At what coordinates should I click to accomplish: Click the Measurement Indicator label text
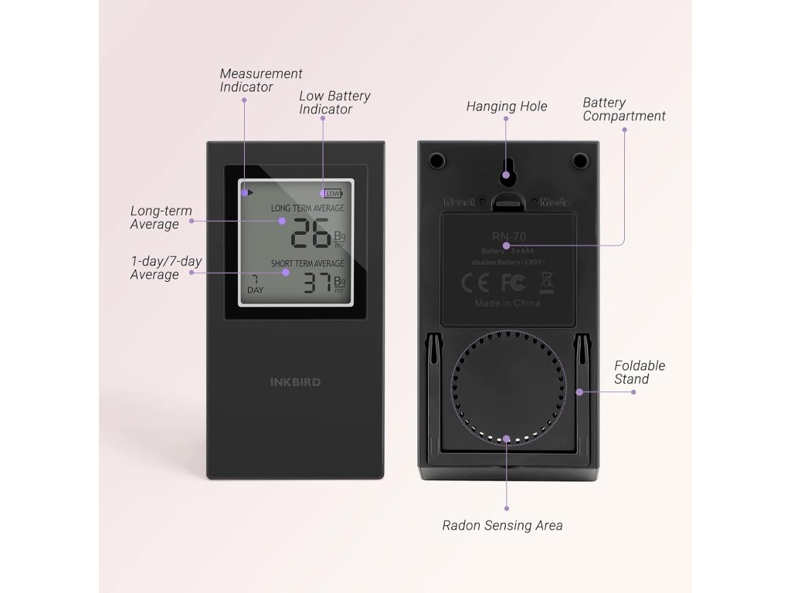coord(260,80)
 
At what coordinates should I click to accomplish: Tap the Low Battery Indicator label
coord(334,103)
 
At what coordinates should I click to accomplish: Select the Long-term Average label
coord(161,218)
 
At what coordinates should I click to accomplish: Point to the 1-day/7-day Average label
coord(165,268)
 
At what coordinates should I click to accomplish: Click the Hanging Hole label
coord(506,107)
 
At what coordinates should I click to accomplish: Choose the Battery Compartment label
coord(623,110)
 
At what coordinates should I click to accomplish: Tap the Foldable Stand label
coord(639,372)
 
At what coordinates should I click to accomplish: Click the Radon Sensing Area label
coord(502,526)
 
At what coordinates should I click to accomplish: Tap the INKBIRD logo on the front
coord(295,381)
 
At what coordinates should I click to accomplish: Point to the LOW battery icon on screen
coord(333,193)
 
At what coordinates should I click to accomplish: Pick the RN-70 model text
coord(507,236)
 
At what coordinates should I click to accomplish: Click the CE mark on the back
coord(475,283)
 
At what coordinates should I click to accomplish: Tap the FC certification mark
coord(513,283)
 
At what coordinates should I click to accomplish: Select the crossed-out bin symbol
coord(545,282)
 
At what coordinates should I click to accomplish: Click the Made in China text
coord(507,303)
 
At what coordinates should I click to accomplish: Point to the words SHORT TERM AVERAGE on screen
coord(307,264)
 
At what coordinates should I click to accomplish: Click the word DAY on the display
coord(255,290)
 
